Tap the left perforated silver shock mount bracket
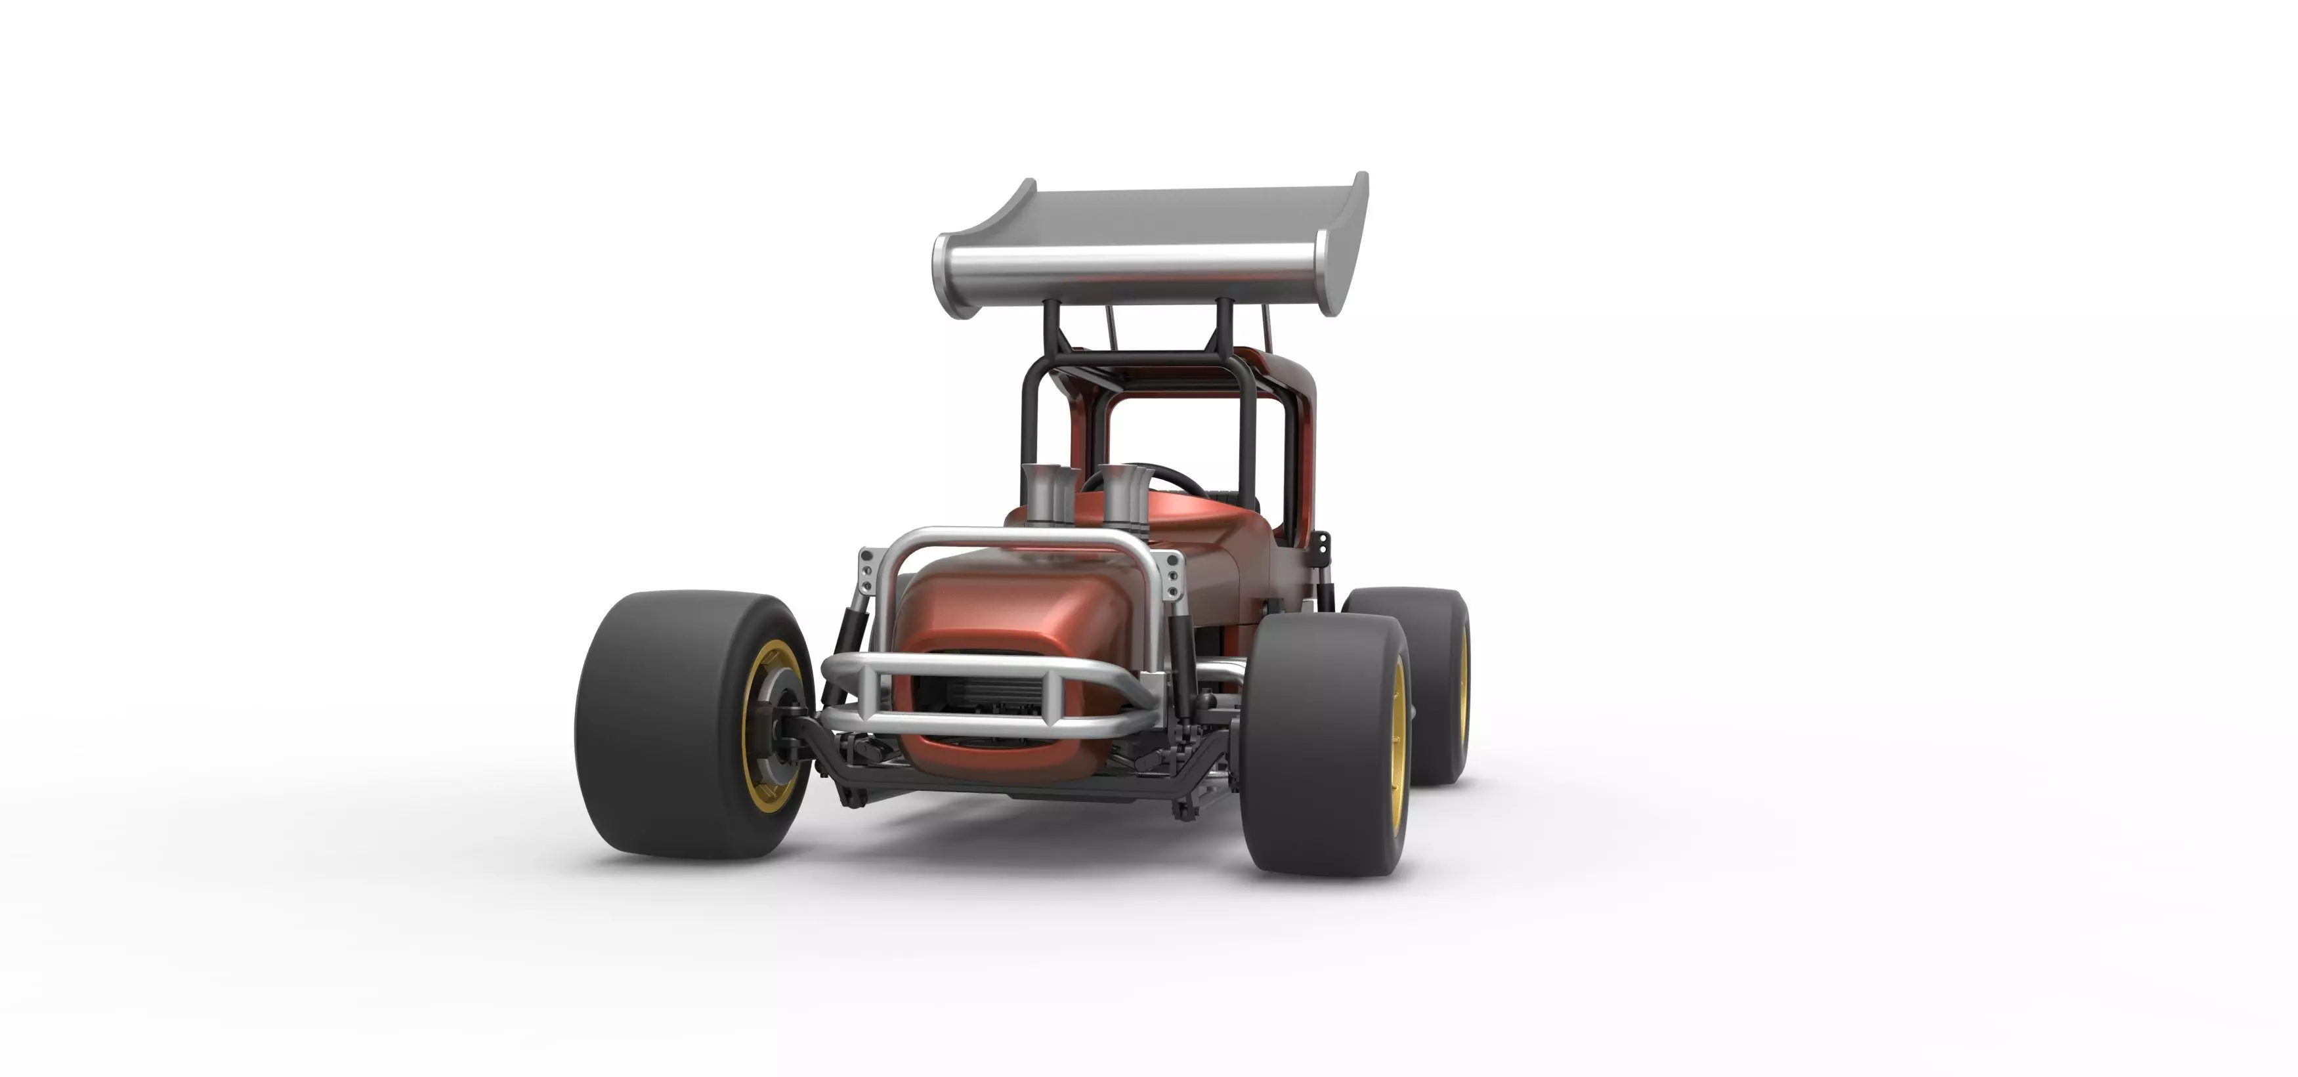[866, 571]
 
